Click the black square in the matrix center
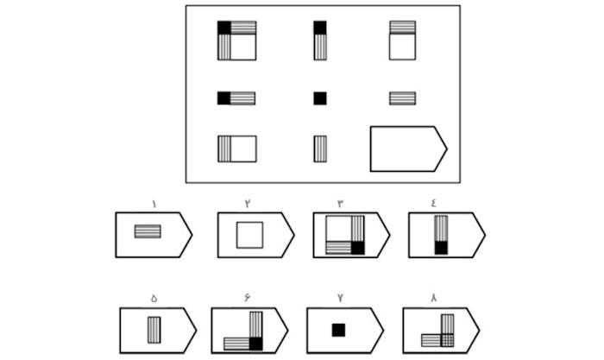(x=320, y=98)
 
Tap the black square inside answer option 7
(x=338, y=329)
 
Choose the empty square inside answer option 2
(x=249, y=235)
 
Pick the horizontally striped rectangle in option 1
(x=148, y=231)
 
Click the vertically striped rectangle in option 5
(x=154, y=330)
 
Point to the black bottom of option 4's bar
(x=441, y=248)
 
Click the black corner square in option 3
(x=358, y=248)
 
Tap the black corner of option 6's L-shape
(x=255, y=344)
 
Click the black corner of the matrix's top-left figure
(x=224, y=28)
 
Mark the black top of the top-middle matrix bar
(x=320, y=28)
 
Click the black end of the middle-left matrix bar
(x=224, y=98)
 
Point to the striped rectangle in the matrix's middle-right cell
(x=402, y=98)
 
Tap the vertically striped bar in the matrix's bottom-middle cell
(x=320, y=148)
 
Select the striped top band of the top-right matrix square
(x=402, y=28)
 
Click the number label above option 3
(x=340, y=204)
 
